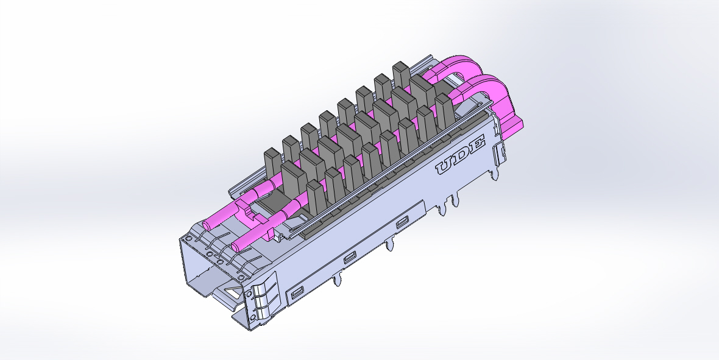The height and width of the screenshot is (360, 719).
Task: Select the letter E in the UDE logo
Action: click(475, 144)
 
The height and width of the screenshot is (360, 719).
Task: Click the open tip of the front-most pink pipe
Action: click(235, 248)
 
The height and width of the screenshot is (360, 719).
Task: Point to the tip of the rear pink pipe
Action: click(207, 225)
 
